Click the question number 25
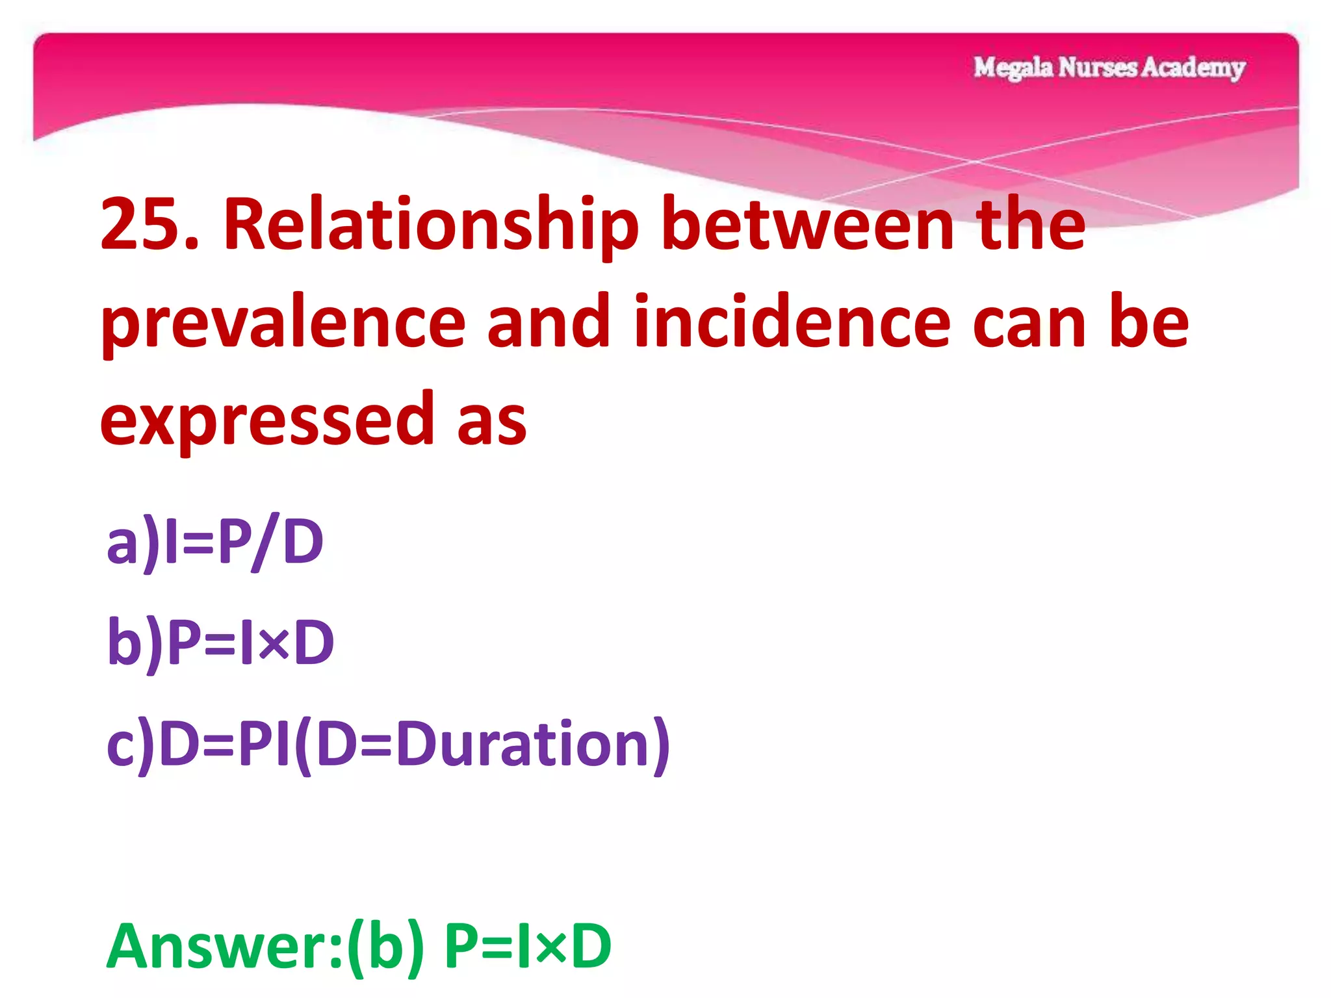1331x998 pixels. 149,224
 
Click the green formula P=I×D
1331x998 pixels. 527,946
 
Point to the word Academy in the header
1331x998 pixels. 1193,68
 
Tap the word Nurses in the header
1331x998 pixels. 1098,68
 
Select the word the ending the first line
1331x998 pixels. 1033,224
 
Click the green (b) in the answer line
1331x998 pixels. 386,946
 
